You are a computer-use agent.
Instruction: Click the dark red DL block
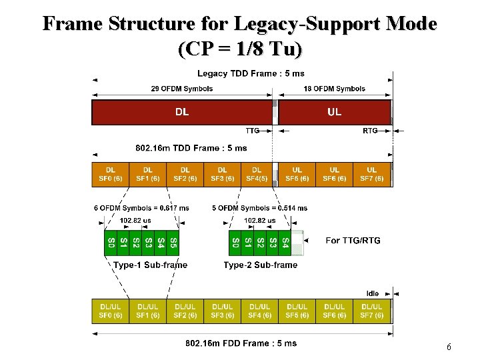[181, 112]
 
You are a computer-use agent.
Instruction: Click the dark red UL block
[334, 112]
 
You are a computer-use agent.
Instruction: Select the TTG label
[253, 131]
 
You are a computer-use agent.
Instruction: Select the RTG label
[370, 131]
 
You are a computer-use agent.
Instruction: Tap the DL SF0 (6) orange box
[111, 174]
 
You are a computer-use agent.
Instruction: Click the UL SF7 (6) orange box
[372, 174]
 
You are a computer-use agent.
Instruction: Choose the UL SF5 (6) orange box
[297, 174]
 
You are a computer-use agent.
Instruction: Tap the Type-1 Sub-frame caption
[151, 265]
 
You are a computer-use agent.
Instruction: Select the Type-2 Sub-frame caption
[261, 265]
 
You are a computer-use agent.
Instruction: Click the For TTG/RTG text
[353, 241]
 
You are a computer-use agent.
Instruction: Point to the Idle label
[373, 293]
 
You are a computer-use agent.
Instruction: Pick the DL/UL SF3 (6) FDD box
[223, 311]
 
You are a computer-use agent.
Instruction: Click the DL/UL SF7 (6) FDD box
[372, 311]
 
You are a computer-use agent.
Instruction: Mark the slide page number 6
[449, 347]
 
